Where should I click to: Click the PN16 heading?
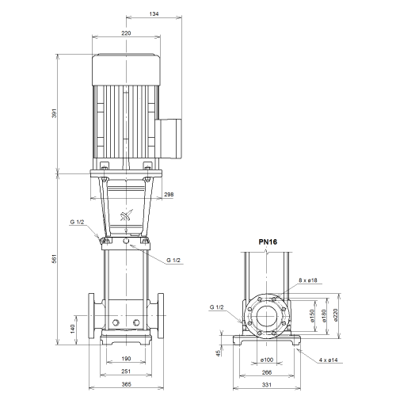pyautogui.click(x=268, y=242)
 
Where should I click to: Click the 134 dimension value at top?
pyautogui.click(x=154, y=13)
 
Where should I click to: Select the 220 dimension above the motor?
pyautogui.click(x=126, y=33)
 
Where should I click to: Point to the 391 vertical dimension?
pyautogui.click(x=55, y=113)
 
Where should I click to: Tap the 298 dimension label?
pyautogui.click(x=169, y=195)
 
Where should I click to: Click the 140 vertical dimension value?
pyautogui.click(x=73, y=329)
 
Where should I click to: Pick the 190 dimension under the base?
pyautogui.click(x=126, y=359)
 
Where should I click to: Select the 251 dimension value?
pyautogui.click(x=126, y=371)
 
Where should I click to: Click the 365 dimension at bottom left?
pyautogui.click(x=126, y=384)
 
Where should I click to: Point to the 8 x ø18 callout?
pyautogui.click(x=308, y=280)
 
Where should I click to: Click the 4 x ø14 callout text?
pyautogui.click(x=328, y=360)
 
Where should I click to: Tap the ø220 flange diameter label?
pyautogui.click(x=336, y=315)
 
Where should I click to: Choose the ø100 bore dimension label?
pyautogui.click(x=267, y=360)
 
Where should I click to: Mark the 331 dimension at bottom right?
pyautogui.click(x=267, y=385)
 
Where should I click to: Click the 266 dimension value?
pyautogui.click(x=267, y=372)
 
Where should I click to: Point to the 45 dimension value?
pyautogui.click(x=219, y=353)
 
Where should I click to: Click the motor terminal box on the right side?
pyautogui.click(x=169, y=139)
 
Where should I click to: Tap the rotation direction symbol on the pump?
pyautogui.click(x=127, y=215)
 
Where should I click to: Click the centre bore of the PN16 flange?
pyautogui.click(x=267, y=316)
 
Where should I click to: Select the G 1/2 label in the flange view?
pyautogui.click(x=216, y=307)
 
